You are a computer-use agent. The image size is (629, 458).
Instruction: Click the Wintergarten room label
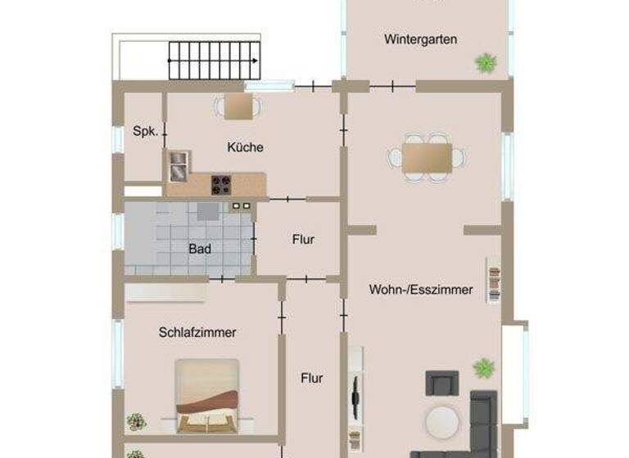pyautogui.click(x=420, y=39)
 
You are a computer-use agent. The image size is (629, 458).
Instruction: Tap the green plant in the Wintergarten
pyautogui.click(x=486, y=61)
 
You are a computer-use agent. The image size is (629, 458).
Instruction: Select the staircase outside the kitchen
pyautogui.click(x=214, y=60)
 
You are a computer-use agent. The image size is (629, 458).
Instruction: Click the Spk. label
pyautogui.click(x=144, y=131)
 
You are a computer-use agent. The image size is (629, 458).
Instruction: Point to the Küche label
pyautogui.click(x=245, y=147)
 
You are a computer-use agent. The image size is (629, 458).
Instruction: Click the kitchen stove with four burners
pyautogui.click(x=221, y=185)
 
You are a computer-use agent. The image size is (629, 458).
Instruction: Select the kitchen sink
pyautogui.click(x=179, y=166)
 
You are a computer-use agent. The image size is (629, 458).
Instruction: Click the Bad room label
pyautogui.click(x=199, y=249)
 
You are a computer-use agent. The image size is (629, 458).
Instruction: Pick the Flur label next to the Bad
pyautogui.click(x=303, y=240)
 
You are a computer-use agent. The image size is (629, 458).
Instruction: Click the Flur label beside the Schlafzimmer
pyautogui.click(x=311, y=379)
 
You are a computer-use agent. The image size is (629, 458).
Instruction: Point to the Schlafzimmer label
pyautogui.click(x=197, y=332)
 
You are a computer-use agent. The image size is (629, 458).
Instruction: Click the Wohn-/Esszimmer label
pyautogui.click(x=421, y=290)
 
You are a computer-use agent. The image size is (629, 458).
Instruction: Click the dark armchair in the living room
pyautogui.click(x=441, y=382)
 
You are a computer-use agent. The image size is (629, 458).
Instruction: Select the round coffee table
pyautogui.click(x=442, y=421)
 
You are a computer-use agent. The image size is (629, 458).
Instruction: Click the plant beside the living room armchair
pyautogui.click(x=484, y=368)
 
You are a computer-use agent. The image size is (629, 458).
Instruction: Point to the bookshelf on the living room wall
pyautogui.click(x=494, y=281)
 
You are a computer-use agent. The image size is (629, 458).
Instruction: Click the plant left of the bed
pyautogui.click(x=136, y=422)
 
